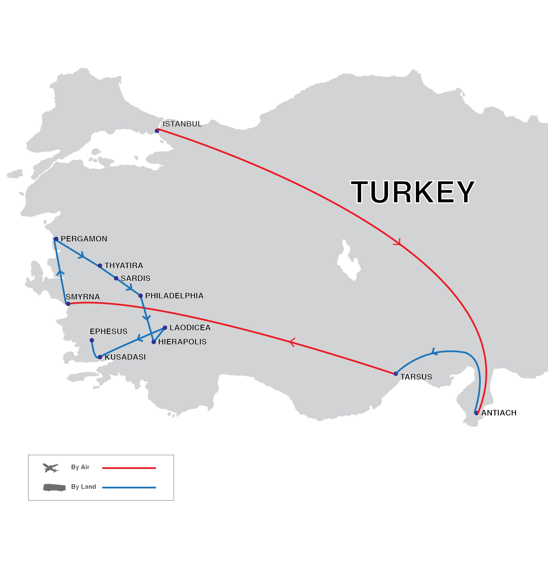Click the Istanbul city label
[x=182, y=124]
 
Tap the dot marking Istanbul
[x=157, y=131]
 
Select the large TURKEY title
[x=413, y=192]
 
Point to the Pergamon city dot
[x=56, y=239]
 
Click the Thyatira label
[x=124, y=265]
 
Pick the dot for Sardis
[x=116, y=278]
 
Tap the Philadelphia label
[x=174, y=296]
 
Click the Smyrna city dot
[x=68, y=304]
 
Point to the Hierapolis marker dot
[x=153, y=342]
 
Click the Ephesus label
[x=108, y=331]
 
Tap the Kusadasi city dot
[x=100, y=357]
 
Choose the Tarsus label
[x=416, y=377]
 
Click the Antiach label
[x=499, y=413]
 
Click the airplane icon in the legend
[x=50, y=468]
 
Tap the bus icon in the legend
[x=54, y=487]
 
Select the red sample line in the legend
[x=129, y=468]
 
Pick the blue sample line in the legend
[x=129, y=487]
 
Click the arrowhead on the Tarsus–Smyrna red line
[x=292, y=342]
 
